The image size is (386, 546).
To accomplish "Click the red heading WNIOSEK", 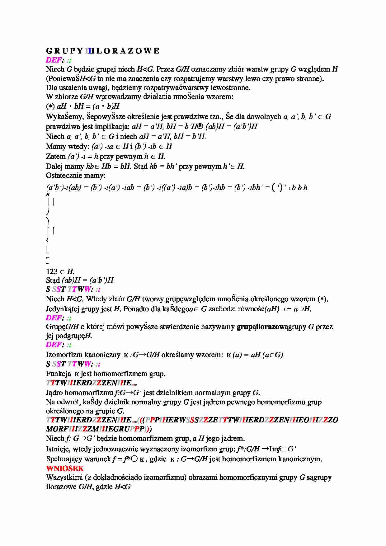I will tap(65, 468).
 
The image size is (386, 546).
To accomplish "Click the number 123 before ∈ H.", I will tap(52, 271).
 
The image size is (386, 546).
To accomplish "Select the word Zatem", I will tap(56, 156).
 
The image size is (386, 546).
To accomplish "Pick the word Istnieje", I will tap(58, 449).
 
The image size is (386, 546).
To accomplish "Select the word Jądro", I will tap(54, 393).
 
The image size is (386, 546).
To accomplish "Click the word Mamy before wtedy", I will tap(55, 146).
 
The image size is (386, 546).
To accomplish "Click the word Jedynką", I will tap(59, 309).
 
